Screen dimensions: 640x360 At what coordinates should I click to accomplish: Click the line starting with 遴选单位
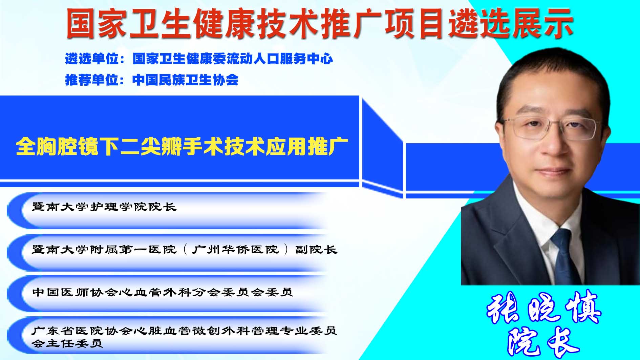pyautogui.click(x=199, y=59)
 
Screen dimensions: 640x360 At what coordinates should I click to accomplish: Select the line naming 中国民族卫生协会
pyautogui.click(x=152, y=80)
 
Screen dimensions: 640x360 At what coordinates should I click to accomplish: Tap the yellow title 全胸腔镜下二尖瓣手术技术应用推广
pyautogui.click(x=182, y=146)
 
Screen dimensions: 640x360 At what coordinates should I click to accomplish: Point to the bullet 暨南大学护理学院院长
pyautogui.click(x=104, y=207)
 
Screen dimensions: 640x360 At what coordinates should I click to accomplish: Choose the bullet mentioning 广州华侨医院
pyautogui.click(x=185, y=249)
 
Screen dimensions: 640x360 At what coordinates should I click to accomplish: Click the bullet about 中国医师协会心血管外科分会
pyautogui.click(x=163, y=292)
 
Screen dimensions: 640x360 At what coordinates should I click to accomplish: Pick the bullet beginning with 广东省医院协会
pyautogui.click(x=185, y=337)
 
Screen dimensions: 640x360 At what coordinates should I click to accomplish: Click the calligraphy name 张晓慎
pyautogui.click(x=543, y=308)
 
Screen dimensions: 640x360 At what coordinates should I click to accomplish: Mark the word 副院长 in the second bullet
pyautogui.click(x=316, y=249)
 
